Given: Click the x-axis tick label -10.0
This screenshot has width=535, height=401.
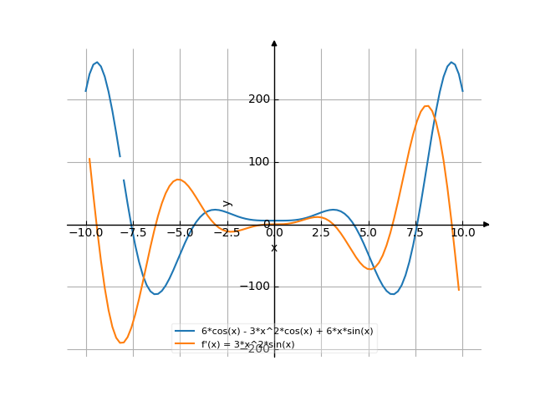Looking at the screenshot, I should [85, 233].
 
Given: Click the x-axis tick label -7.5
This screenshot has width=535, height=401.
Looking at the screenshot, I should [133, 233].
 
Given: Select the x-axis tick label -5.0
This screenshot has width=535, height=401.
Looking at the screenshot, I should [180, 233].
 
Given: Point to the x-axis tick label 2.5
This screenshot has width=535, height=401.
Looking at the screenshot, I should [321, 233].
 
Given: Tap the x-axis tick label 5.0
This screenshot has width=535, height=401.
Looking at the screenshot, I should [369, 233].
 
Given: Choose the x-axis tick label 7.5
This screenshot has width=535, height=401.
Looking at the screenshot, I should [415, 233].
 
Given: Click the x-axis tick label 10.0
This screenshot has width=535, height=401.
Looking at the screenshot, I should [462, 233].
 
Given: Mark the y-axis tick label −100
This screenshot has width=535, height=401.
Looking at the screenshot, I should [254, 287].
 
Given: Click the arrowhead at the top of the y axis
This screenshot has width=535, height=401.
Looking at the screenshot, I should [274, 42].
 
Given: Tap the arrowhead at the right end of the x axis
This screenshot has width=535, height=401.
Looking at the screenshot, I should [487, 225].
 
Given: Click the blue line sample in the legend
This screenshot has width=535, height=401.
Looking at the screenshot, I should [186, 331].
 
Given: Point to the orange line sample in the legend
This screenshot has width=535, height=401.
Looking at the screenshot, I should [186, 344].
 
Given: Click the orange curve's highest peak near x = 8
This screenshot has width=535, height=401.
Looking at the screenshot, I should [427, 105].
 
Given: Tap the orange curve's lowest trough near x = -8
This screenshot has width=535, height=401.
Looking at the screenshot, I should [122, 343].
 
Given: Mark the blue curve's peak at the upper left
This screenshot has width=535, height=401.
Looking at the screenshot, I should [97, 62].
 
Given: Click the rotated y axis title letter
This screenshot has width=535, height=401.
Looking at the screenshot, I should [227, 203].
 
